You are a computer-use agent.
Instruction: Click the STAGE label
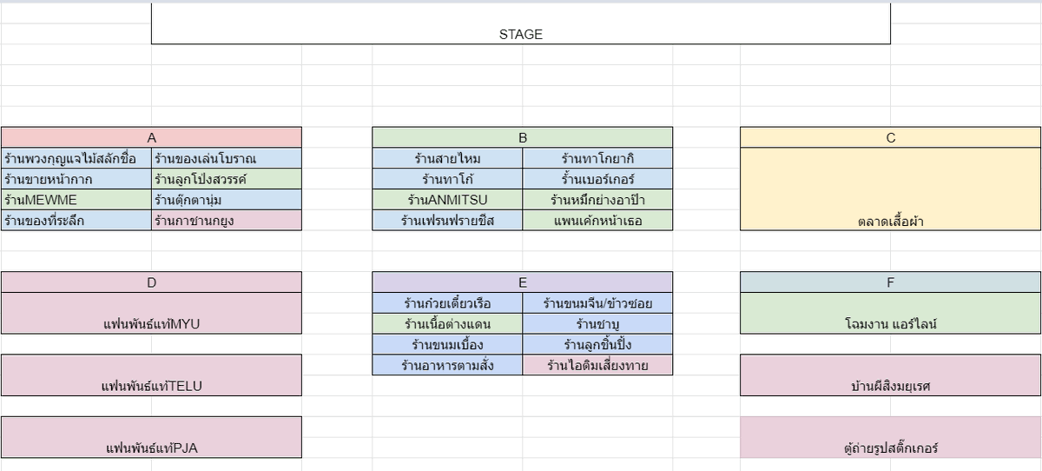pyautogui.click(x=520, y=35)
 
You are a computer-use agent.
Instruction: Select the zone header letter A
pyautogui.click(x=151, y=138)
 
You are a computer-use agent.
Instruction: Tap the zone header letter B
pyautogui.click(x=523, y=138)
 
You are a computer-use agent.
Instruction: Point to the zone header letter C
pyautogui.click(x=890, y=138)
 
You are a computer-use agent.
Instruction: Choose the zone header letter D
pyautogui.click(x=151, y=282)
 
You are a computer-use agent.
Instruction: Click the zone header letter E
pyautogui.click(x=523, y=282)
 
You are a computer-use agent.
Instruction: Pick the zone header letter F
pyautogui.click(x=890, y=282)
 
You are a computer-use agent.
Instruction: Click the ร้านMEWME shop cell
pyautogui.click(x=76, y=200)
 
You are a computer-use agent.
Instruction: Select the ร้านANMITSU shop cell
pyautogui.click(x=447, y=200)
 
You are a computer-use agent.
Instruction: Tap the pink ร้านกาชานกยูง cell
pyautogui.click(x=227, y=220)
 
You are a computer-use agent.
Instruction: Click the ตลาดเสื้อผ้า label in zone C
pyautogui.click(x=890, y=221)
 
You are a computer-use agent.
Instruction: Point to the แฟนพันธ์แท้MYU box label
pyautogui.click(x=151, y=324)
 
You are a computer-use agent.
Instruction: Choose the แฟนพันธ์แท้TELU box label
pyautogui.click(x=151, y=386)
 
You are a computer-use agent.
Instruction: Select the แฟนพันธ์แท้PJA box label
pyautogui.click(x=151, y=448)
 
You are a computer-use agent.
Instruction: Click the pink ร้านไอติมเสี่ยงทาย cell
pyautogui.click(x=597, y=365)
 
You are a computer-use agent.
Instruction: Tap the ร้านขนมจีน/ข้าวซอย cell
pyautogui.click(x=597, y=303)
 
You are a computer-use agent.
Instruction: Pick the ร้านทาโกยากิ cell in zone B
pyautogui.click(x=597, y=158)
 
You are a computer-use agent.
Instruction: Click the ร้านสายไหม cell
pyautogui.click(x=447, y=158)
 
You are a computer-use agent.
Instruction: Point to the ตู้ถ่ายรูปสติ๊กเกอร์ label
pyautogui.click(x=890, y=448)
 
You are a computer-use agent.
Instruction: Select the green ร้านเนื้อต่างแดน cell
pyautogui.click(x=447, y=323)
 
